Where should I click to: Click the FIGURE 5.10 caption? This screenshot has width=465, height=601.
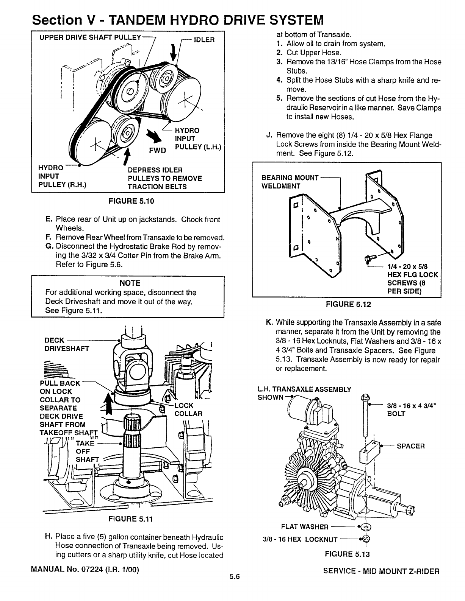coord(126,201)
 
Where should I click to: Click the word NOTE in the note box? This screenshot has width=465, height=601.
coord(130,283)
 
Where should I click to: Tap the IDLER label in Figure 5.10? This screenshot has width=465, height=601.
coord(204,40)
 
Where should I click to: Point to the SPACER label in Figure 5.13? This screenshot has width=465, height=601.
coord(411,446)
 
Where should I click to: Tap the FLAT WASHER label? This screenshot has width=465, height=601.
coord(305,527)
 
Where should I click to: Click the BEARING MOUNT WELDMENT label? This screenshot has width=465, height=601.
coord(290,182)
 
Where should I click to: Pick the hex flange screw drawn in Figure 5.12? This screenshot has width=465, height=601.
coord(369,258)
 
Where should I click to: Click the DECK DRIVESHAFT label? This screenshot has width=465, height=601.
coord(67,344)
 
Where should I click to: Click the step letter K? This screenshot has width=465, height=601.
coord(269,322)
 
